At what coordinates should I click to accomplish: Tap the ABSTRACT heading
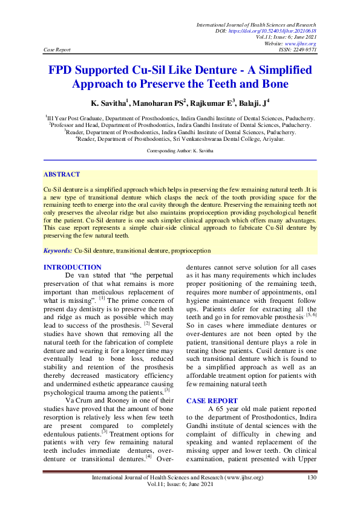point(62,174)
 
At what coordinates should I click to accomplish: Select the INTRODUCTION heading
point(73,267)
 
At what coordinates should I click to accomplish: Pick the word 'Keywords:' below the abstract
point(57,250)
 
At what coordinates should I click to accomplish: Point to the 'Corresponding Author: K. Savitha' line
point(180,149)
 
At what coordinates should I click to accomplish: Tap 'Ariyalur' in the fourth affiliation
point(269,138)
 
